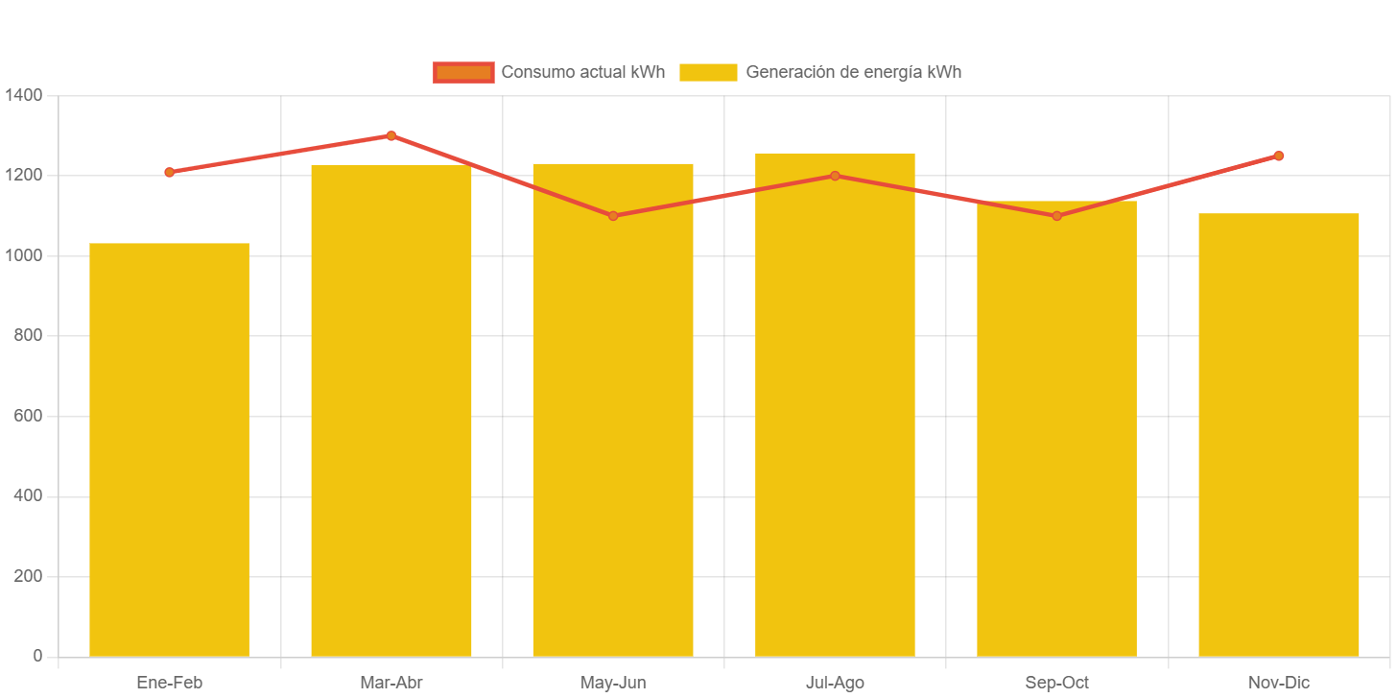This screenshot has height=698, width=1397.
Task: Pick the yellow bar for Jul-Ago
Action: point(835,404)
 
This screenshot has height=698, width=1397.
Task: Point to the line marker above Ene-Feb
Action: point(169,173)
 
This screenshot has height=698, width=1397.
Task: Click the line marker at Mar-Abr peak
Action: point(391,135)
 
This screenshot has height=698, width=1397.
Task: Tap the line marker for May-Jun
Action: point(613,216)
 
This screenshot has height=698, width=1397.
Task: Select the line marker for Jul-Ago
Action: point(835,176)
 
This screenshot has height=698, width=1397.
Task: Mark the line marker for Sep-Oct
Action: point(1056,216)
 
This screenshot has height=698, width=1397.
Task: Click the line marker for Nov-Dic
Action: point(1279,156)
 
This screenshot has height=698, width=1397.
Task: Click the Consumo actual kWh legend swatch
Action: point(463,72)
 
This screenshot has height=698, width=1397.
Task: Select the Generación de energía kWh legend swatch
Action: point(708,72)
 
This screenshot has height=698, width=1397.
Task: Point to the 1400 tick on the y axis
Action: point(23,95)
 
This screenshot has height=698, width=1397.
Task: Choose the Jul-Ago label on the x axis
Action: point(835,684)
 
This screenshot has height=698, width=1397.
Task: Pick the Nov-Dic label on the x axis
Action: point(1279,684)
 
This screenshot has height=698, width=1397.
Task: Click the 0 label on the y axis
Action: point(37,656)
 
